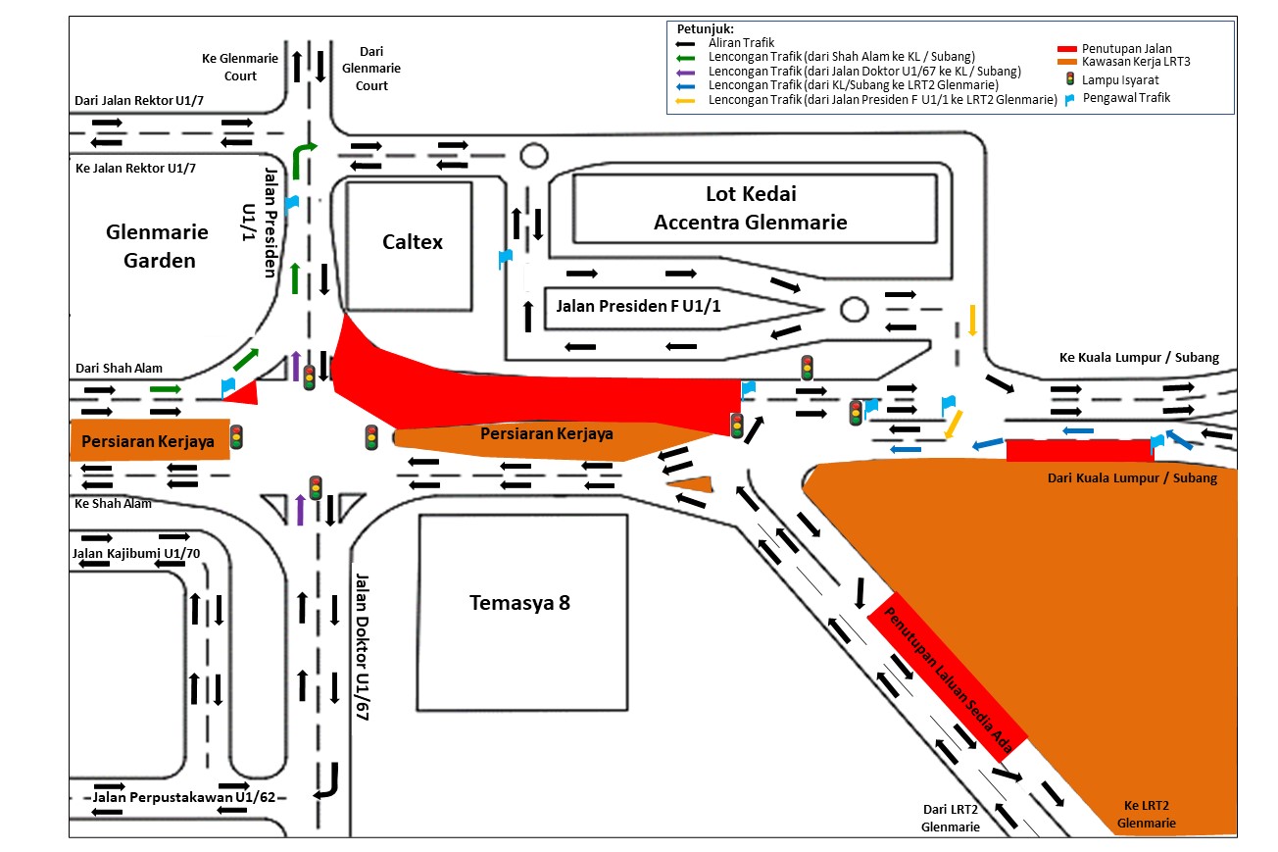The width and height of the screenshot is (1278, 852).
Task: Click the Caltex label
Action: coord(412,241)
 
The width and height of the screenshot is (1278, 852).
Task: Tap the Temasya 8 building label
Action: coord(518,602)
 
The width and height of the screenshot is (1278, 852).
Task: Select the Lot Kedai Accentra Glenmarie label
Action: coord(750,208)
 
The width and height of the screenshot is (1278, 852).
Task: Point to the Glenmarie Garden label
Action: coord(158,246)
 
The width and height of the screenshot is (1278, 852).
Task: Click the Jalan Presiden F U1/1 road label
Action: coord(638,306)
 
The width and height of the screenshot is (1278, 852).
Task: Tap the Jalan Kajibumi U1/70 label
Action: coord(135,554)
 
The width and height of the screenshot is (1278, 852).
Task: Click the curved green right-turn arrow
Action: coord(304,154)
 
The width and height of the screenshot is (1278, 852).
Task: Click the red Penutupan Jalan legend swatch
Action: coord(1067,49)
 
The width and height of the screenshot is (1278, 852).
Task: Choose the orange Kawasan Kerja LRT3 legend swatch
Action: coord(1067,62)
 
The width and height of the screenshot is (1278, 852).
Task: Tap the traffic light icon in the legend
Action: coord(1070,79)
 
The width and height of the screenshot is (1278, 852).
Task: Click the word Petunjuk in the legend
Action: coord(706,28)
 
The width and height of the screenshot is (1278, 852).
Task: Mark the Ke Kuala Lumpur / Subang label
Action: coord(1139,357)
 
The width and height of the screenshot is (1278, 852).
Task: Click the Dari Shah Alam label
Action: coord(119,369)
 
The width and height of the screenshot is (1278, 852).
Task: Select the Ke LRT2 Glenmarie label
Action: coord(1147,814)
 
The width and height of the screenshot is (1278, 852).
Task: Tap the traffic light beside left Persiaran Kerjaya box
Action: coord(236,437)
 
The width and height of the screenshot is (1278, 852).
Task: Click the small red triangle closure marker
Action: coord(244,393)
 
